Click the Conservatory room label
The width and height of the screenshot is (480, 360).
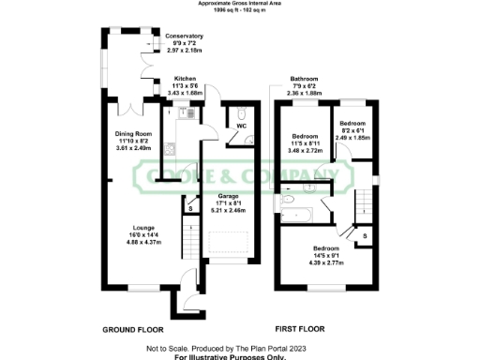tap(184, 37)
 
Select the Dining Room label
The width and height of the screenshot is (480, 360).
tap(132, 133)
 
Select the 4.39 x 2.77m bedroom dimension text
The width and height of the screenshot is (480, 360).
tap(329, 262)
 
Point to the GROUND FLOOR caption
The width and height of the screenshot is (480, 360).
tap(132, 331)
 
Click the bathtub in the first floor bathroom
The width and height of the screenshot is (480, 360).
tap(301, 213)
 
